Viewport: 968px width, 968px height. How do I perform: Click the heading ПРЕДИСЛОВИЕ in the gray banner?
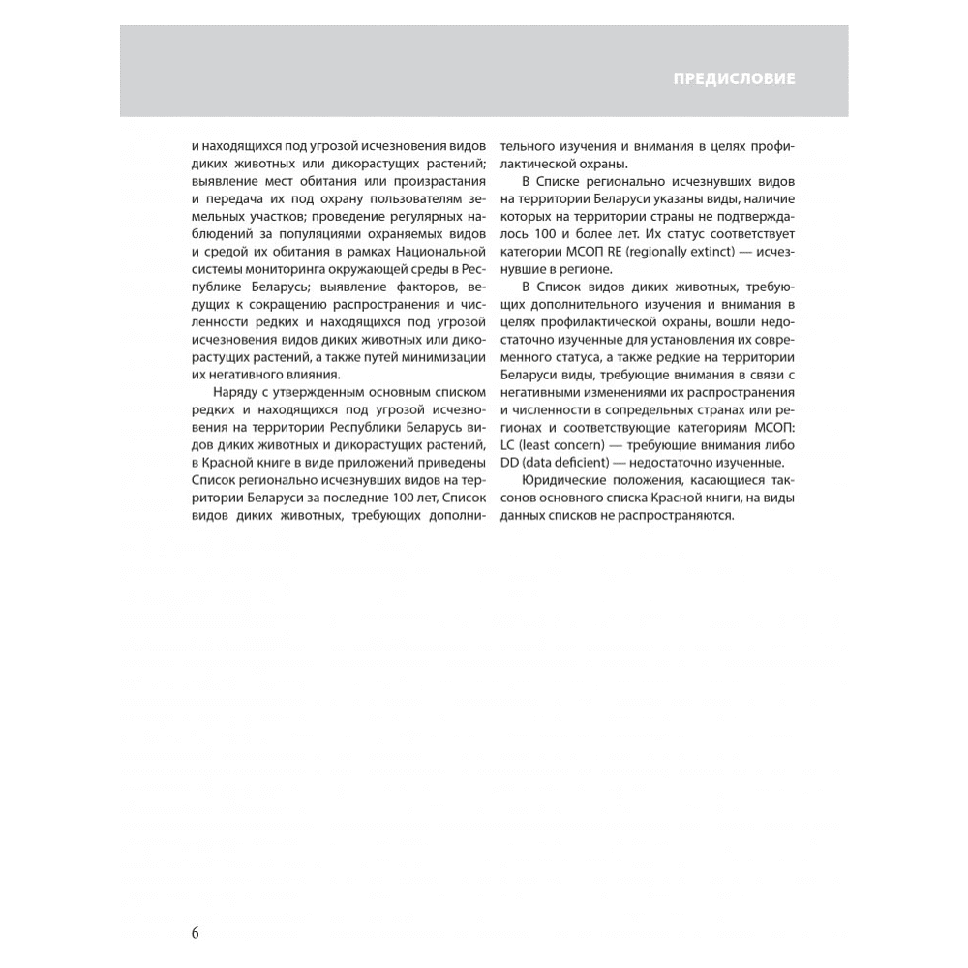734,78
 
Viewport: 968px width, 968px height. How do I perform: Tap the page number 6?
195,933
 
